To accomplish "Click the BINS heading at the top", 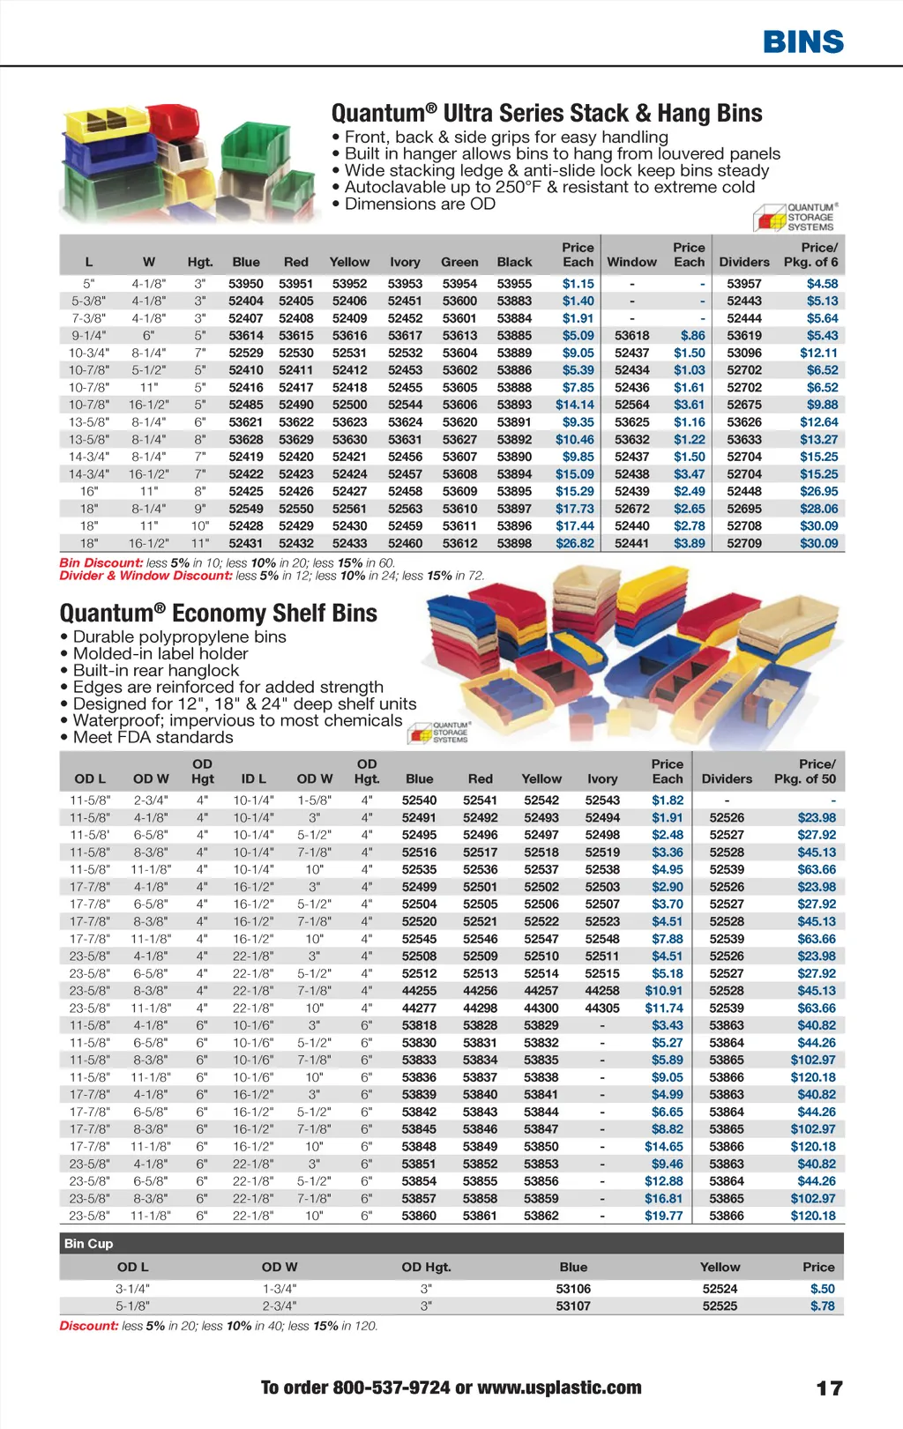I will [802, 41].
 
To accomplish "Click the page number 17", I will [829, 1388].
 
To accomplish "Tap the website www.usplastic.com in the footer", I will [559, 1388].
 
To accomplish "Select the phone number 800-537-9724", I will [391, 1388].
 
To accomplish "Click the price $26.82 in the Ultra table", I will [575, 543].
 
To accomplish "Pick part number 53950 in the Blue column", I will [246, 284].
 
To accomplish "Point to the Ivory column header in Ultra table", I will [405, 262].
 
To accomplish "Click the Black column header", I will [514, 262].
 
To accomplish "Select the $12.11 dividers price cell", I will [818, 353].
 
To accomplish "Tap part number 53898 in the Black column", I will [514, 543].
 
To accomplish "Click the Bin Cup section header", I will [88, 1243].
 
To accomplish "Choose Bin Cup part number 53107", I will [573, 1306].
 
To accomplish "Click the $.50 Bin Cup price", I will [822, 1289].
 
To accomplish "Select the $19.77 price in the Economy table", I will [663, 1216].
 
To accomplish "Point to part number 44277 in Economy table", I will [419, 1008].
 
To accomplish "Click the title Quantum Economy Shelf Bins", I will [218, 614].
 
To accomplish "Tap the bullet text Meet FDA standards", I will [153, 737].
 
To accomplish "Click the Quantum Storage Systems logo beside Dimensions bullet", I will [797, 217].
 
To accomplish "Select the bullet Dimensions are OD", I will [420, 204].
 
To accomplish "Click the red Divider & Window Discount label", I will [146, 576].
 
